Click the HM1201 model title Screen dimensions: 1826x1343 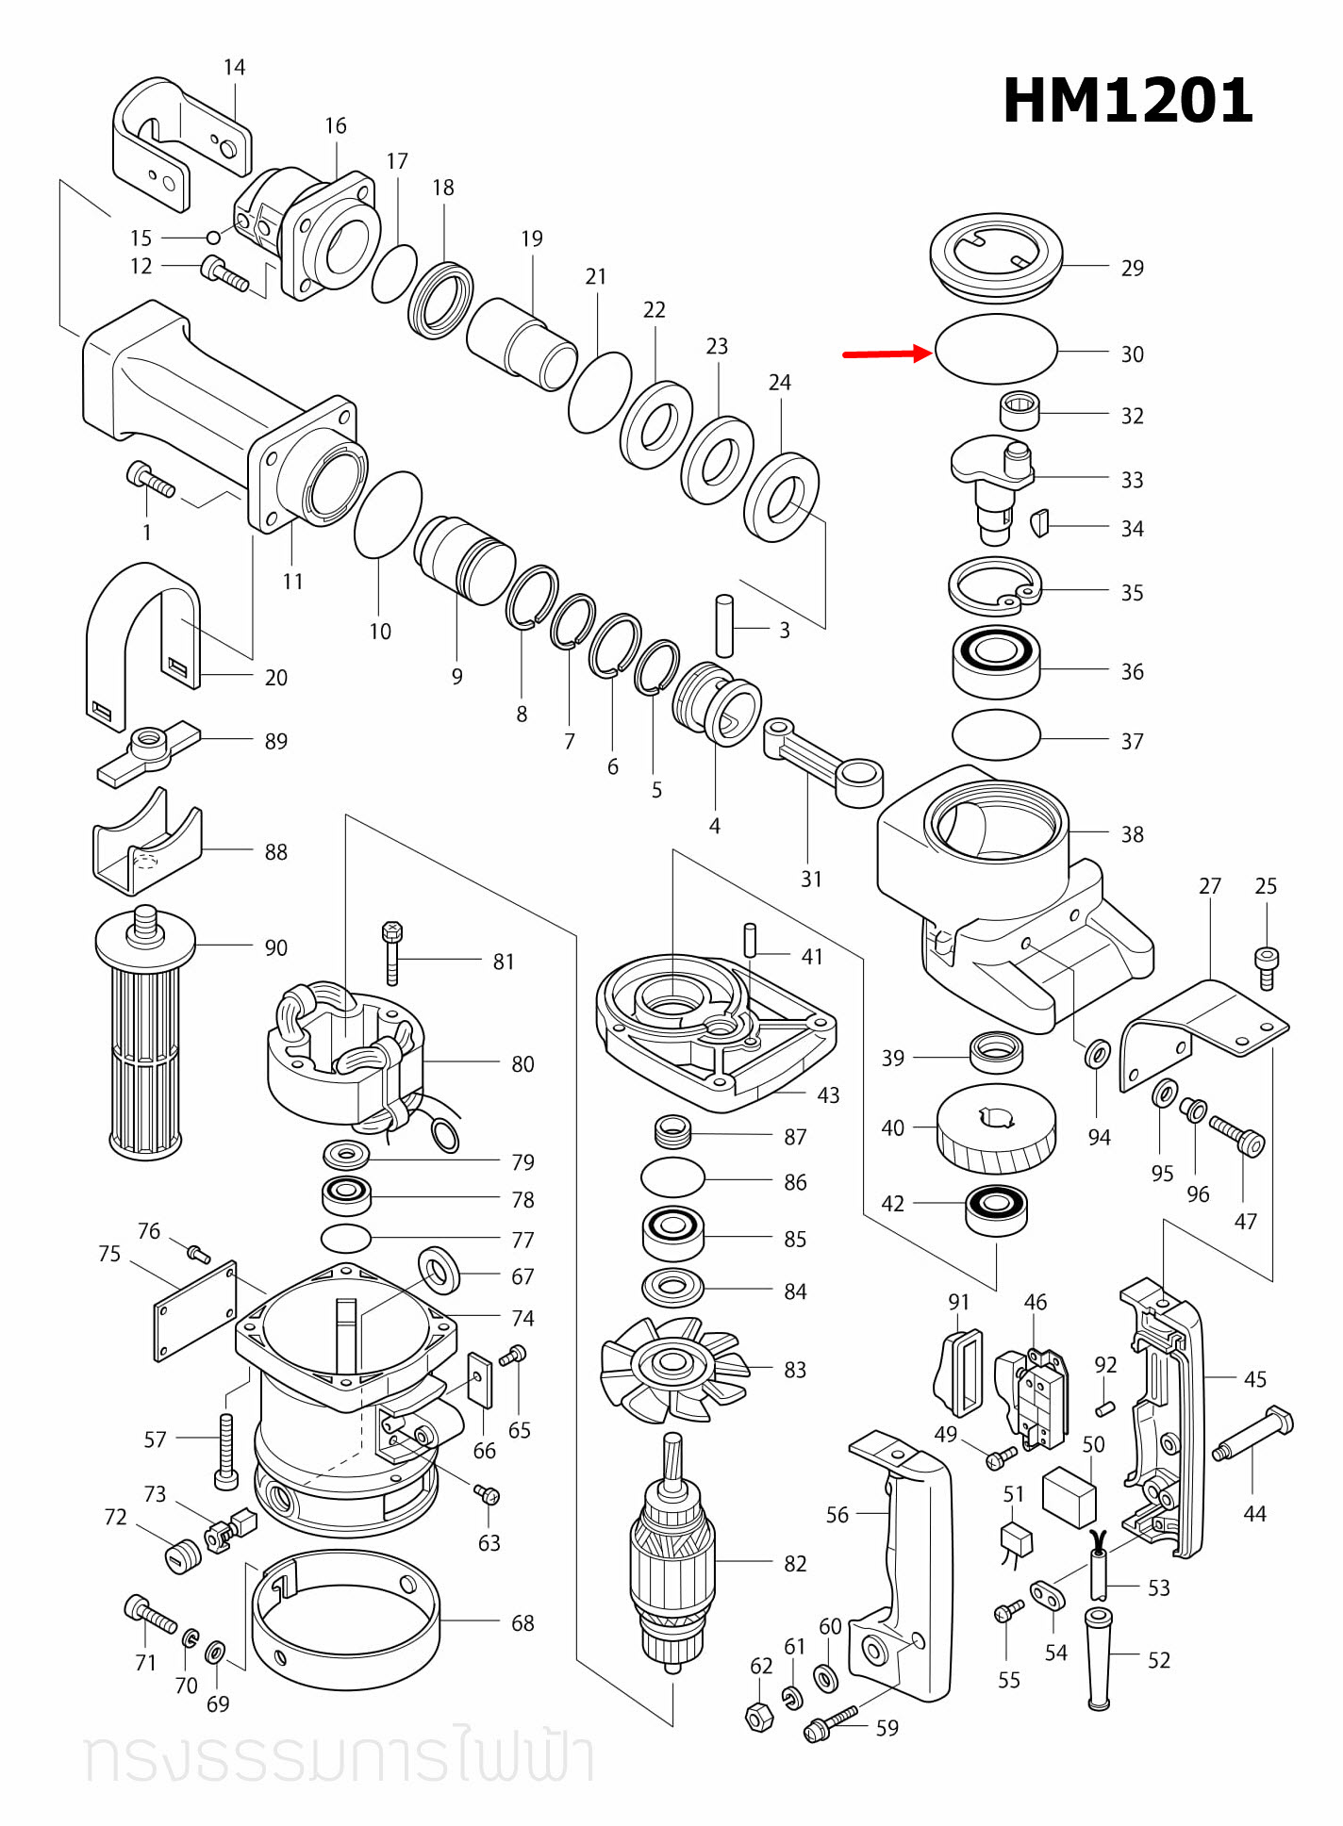click(1127, 101)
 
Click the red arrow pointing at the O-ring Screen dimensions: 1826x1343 click(887, 354)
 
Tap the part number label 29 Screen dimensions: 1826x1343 click(1132, 269)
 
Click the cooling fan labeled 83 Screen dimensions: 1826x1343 click(673, 1367)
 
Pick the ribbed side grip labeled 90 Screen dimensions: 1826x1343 click(145, 1037)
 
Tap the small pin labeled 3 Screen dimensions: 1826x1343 click(724, 626)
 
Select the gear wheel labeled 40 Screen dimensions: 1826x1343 click(996, 1128)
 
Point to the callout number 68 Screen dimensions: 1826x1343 click(522, 1623)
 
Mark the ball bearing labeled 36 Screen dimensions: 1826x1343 click(996, 663)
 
